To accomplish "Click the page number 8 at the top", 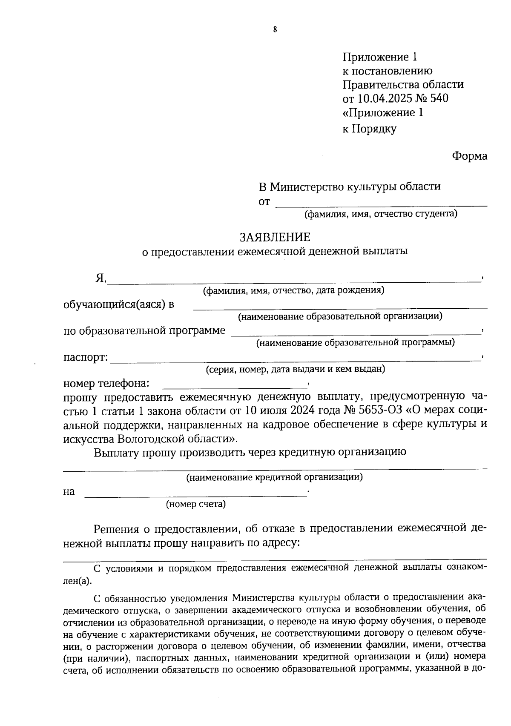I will (x=275, y=29).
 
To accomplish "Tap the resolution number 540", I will (x=439, y=98).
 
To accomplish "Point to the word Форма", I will (x=469, y=156).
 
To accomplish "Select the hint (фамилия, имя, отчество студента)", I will (x=380, y=214).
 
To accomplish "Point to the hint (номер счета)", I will (x=195, y=505).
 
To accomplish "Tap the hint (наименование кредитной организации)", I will (x=275, y=477).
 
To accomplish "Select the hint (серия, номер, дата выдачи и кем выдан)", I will (x=295, y=369).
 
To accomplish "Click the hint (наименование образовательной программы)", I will (x=355, y=342).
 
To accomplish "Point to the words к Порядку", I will (x=369, y=129).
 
